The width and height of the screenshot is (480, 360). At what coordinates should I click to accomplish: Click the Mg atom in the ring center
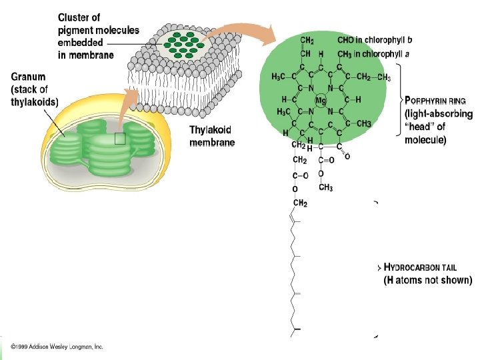click(x=321, y=100)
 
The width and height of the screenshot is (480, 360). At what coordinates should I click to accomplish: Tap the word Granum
click(x=28, y=77)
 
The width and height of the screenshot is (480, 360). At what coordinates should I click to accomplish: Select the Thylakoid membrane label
click(x=212, y=136)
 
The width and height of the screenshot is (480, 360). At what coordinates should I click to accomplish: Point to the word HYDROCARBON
click(x=412, y=267)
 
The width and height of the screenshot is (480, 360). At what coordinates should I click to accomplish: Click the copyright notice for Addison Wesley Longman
click(x=57, y=347)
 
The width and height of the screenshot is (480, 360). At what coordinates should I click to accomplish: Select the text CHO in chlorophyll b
click(x=375, y=40)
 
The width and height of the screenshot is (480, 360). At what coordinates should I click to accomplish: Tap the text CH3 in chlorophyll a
click(x=373, y=54)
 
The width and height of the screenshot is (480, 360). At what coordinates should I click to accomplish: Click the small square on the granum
click(x=120, y=139)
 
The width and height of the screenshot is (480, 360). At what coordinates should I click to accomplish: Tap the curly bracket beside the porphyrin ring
click(x=399, y=100)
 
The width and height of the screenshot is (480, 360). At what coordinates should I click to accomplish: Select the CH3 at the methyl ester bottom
click(x=325, y=187)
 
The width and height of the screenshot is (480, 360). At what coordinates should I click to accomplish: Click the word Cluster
click(x=79, y=17)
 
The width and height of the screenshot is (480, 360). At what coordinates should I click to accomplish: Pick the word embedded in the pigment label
click(x=80, y=43)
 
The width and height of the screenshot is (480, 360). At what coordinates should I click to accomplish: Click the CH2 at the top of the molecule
click(x=307, y=41)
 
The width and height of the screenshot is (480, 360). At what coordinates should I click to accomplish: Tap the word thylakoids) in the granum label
click(x=35, y=102)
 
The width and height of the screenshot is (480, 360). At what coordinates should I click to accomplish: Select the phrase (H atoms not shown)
click(x=427, y=280)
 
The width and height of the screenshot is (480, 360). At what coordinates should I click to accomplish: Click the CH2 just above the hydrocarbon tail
click(x=300, y=203)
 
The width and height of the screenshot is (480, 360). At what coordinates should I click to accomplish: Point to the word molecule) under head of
click(x=425, y=139)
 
